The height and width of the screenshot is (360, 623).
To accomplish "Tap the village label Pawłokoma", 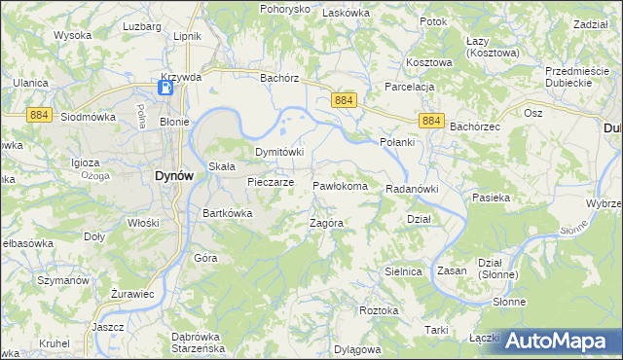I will pyautogui.click(x=339, y=185).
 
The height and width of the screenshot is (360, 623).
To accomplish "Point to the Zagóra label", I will pyautogui.click(x=327, y=223).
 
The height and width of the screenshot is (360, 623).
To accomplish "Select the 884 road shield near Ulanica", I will pyautogui.click(x=39, y=113).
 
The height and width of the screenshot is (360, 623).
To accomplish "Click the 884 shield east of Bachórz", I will pyautogui.click(x=344, y=101).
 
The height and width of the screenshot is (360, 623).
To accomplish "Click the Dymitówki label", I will pyautogui.click(x=279, y=153).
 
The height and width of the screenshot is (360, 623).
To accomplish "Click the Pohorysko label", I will pyautogui.click(x=284, y=9).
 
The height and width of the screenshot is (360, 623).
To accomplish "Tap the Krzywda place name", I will pyautogui.click(x=183, y=76).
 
